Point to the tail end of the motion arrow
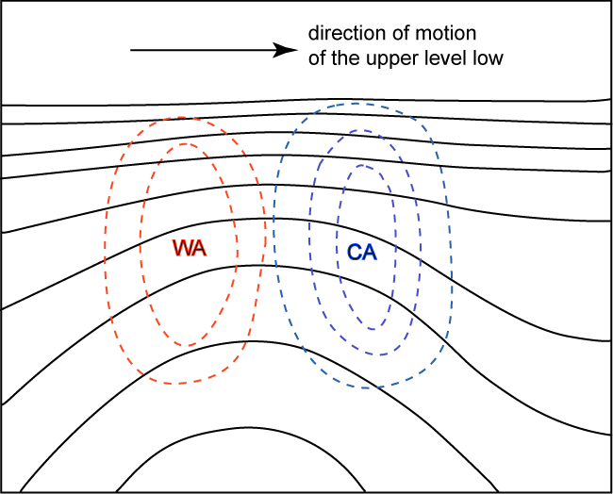[130, 50]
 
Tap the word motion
[446, 33]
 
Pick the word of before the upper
[317, 58]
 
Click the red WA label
[190, 248]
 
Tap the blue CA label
[362, 252]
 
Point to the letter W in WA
[182, 248]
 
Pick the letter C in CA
[355, 252]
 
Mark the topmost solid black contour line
[306, 100]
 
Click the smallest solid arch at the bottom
[246, 428]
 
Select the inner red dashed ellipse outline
[237, 246]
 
